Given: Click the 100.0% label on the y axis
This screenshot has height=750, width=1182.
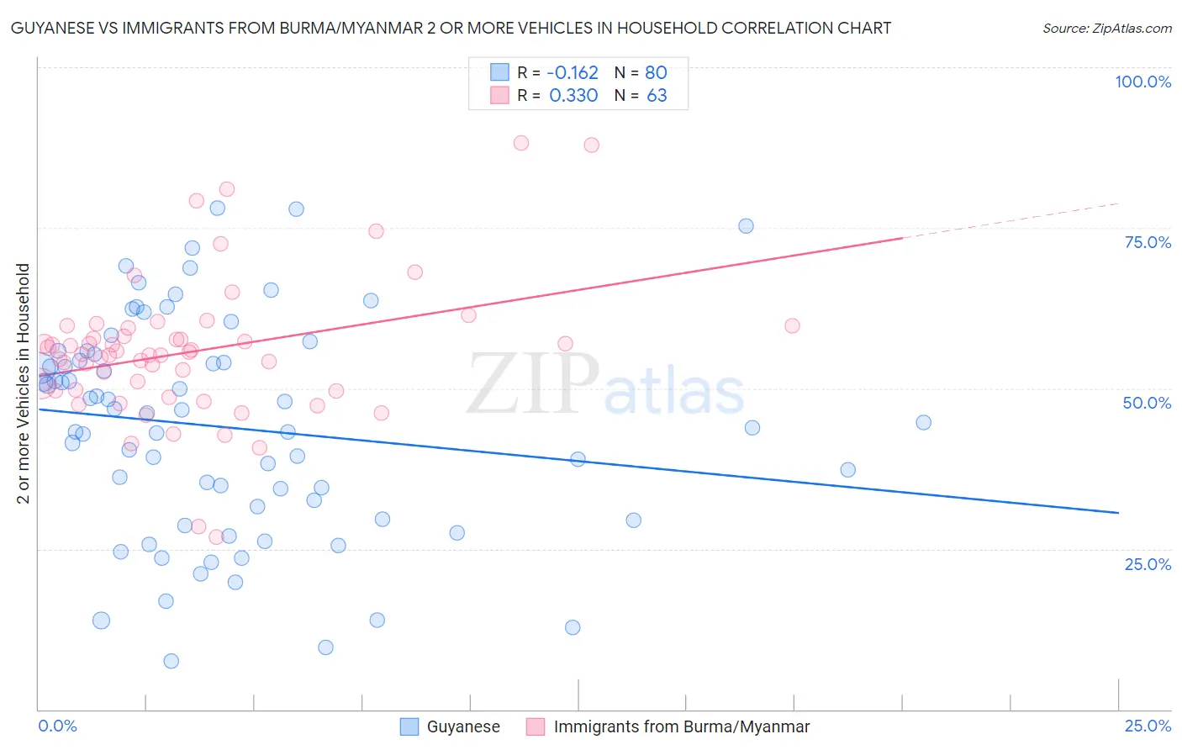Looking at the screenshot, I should pyautogui.click(x=1142, y=82).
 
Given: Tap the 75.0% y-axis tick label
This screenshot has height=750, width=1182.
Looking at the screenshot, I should pyautogui.click(x=1148, y=242).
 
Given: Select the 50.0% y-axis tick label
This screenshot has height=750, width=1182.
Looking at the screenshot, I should pyautogui.click(x=1147, y=403).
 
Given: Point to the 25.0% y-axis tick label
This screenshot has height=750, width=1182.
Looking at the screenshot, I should pyautogui.click(x=1148, y=564).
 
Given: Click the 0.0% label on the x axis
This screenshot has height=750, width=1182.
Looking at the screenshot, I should pyautogui.click(x=57, y=726).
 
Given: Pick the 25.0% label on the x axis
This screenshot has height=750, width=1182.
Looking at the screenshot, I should pyautogui.click(x=1148, y=726).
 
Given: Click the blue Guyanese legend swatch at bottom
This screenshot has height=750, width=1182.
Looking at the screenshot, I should pyautogui.click(x=409, y=726).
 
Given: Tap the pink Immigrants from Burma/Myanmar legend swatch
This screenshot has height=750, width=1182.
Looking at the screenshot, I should pyautogui.click(x=536, y=726).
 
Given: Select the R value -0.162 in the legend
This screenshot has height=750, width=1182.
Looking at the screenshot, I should pyautogui.click(x=573, y=72).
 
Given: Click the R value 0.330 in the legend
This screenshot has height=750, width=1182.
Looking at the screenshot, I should pyautogui.click(x=573, y=95).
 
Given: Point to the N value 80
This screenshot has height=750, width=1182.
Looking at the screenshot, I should pyautogui.click(x=656, y=72).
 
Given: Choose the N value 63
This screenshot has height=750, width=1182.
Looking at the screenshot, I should pyautogui.click(x=657, y=95).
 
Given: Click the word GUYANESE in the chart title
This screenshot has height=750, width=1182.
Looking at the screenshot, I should pyautogui.click(x=50, y=28).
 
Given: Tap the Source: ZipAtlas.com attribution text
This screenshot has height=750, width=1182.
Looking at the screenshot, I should pyautogui.click(x=1106, y=28).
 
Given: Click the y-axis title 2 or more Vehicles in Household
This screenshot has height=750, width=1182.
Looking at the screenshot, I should pyautogui.click(x=24, y=383).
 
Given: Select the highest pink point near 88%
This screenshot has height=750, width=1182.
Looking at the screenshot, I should pyautogui.click(x=521, y=143).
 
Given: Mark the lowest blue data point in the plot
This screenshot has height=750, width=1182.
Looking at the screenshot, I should pyautogui.click(x=171, y=661).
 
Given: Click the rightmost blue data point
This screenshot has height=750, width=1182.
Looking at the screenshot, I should pyautogui.click(x=923, y=423).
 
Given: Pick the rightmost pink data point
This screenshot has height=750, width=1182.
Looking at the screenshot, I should pyautogui.click(x=792, y=325).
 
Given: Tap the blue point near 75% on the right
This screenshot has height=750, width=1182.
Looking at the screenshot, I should pyautogui.click(x=746, y=225).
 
